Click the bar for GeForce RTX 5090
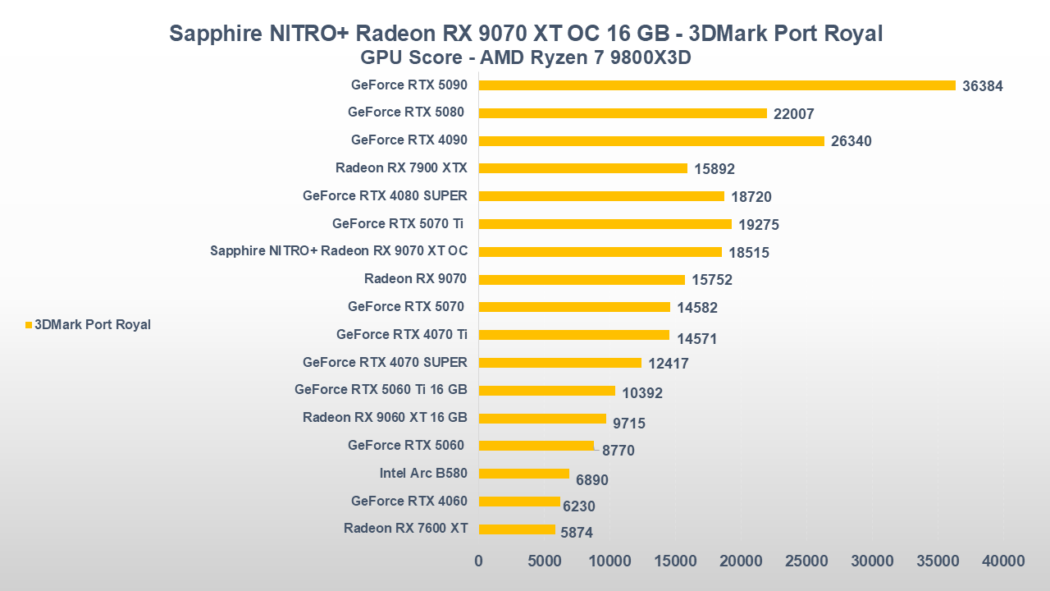point(717,85)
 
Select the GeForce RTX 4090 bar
point(651,141)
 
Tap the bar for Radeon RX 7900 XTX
point(582,168)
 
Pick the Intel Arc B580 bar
point(523,474)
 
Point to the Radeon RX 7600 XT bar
point(517,529)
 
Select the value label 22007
point(794,114)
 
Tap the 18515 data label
point(749,253)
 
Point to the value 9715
point(629,424)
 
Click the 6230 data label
point(579,506)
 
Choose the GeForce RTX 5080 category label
point(406,112)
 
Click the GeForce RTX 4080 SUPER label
point(385,196)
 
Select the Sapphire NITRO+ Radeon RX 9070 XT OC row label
point(339,251)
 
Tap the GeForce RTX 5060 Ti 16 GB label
point(381,390)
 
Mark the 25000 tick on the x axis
point(806,561)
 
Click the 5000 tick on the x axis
point(544,561)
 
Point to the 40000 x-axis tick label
point(1003,561)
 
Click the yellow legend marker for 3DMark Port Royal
point(29,325)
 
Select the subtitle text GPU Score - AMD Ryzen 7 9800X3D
point(526,59)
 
